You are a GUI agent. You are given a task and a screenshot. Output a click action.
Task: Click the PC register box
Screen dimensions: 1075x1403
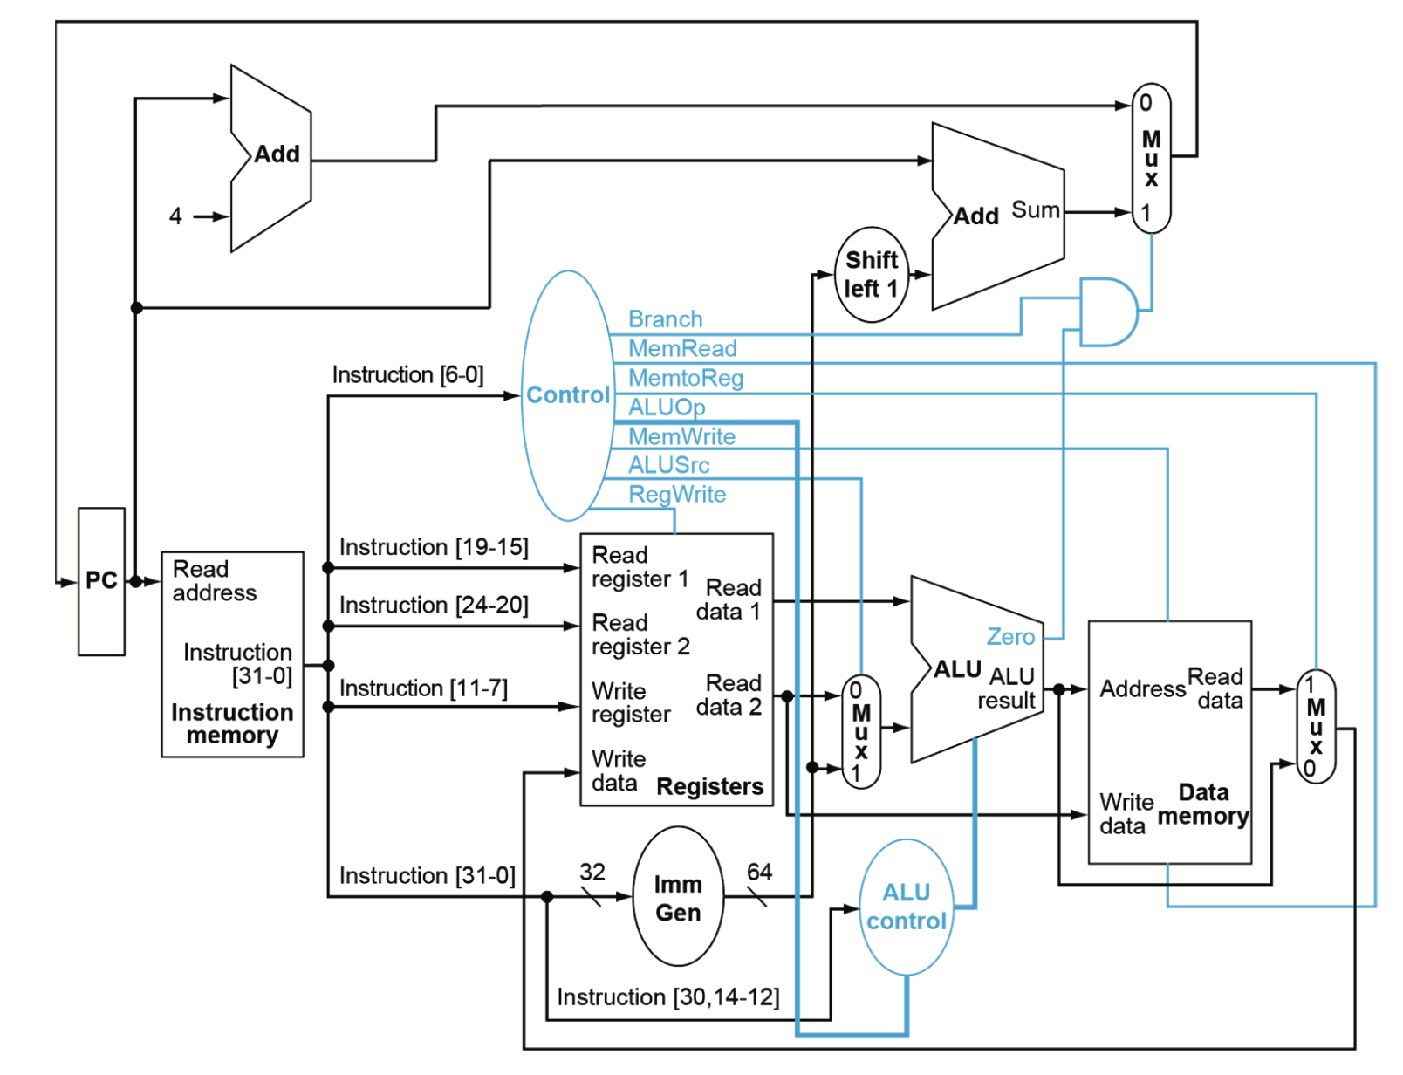click(x=101, y=581)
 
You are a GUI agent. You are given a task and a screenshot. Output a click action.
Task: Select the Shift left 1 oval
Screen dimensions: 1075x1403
click(x=871, y=275)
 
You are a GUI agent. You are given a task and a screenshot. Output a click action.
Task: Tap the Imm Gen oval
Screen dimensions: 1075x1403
click(x=678, y=898)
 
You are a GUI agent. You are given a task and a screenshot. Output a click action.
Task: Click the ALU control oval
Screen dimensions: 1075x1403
click(x=906, y=907)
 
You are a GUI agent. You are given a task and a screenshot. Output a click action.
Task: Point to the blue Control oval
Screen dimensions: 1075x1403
click(x=567, y=395)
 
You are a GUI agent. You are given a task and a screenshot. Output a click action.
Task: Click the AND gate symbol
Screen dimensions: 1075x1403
click(x=1106, y=312)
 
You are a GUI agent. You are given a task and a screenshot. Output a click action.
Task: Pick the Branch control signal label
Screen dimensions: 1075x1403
click(x=665, y=319)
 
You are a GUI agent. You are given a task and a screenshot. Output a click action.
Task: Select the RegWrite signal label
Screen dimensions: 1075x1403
click(x=677, y=495)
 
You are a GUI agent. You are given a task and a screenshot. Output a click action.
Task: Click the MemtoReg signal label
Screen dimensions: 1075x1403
click(x=686, y=378)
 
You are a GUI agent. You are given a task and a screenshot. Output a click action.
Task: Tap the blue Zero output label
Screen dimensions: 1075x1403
click(x=1010, y=637)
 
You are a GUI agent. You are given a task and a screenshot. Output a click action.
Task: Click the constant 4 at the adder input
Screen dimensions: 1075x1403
click(x=175, y=216)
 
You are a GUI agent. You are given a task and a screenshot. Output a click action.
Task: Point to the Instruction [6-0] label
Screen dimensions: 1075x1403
click(x=407, y=375)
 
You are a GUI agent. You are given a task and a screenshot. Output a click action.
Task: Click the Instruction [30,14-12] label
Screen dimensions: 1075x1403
click(x=668, y=997)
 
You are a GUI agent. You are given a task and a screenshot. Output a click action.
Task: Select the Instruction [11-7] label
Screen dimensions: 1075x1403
click(x=423, y=688)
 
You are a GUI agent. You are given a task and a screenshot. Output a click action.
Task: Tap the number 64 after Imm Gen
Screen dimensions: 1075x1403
click(x=759, y=872)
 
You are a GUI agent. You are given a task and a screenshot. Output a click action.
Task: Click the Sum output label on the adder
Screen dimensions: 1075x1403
click(x=1036, y=210)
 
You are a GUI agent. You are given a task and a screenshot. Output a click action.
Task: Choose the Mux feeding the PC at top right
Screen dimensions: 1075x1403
click(x=1151, y=158)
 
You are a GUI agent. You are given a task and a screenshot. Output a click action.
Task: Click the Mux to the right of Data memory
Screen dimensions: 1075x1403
click(x=1316, y=727)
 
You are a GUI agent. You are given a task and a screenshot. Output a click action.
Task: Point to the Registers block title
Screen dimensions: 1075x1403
click(x=709, y=787)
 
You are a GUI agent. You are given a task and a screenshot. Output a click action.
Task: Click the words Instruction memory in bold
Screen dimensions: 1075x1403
click(x=232, y=724)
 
